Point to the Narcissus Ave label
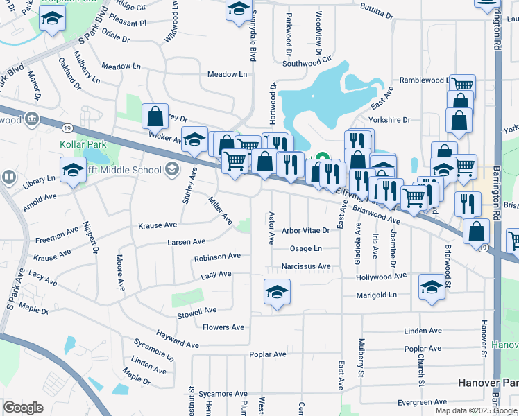click(x=306, y=266)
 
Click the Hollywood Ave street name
click(x=381, y=276)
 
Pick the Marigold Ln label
click(x=373, y=295)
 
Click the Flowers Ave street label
click(x=223, y=327)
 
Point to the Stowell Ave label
click(x=197, y=310)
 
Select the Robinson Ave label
click(x=217, y=257)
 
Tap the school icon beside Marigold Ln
click(x=432, y=288)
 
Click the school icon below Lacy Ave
click(x=277, y=292)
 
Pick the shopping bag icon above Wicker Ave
click(x=155, y=116)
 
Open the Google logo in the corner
click(x=23, y=408)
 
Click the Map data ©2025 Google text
click(x=476, y=410)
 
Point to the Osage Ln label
click(x=306, y=248)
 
